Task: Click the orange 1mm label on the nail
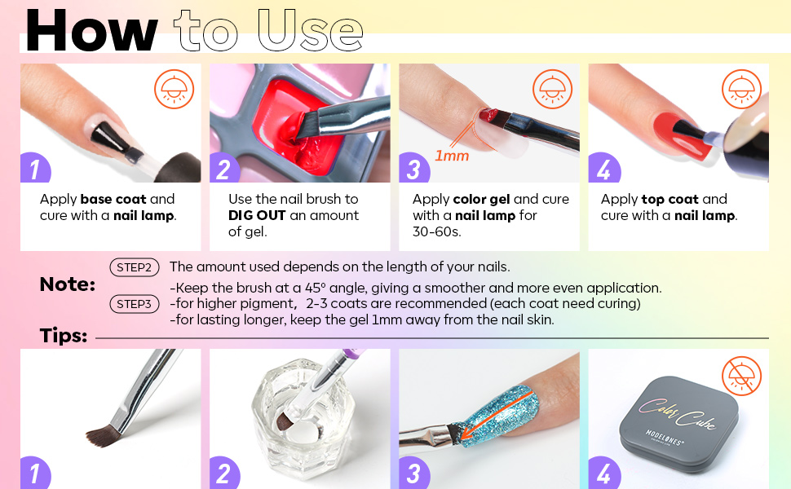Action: (451, 155)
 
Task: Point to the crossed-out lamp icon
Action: (741, 377)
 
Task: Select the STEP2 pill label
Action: (134, 267)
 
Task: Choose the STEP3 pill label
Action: (134, 304)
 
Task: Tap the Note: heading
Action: (67, 284)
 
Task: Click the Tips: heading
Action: (64, 336)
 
